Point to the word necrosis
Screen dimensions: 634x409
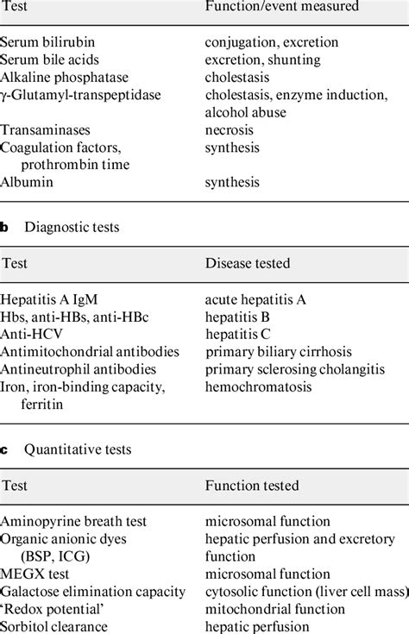[x=230, y=130]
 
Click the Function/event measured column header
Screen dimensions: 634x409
[x=281, y=6]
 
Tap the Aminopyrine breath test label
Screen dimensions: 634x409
[x=74, y=521]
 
